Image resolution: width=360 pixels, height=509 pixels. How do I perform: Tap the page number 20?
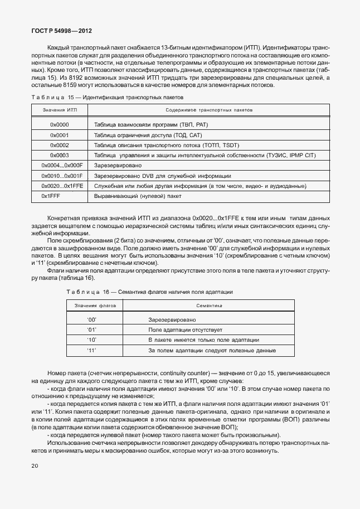[35, 466]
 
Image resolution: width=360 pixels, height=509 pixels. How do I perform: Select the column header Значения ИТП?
[59, 110]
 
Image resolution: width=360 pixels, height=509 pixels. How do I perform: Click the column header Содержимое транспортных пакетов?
[209, 110]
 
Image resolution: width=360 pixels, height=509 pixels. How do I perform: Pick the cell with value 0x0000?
[59, 125]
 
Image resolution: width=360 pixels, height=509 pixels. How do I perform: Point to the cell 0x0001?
[59, 135]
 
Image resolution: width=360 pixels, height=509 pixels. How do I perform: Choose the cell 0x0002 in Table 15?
[59, 145]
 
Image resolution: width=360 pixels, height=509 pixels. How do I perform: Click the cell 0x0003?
[59, 155]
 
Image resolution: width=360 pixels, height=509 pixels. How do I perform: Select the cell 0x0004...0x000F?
[62, 166]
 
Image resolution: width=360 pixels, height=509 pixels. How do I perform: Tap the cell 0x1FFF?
[51, 196]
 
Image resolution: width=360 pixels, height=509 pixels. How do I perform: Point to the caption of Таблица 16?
[149, 292]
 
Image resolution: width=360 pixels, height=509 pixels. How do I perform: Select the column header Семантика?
[209, 306]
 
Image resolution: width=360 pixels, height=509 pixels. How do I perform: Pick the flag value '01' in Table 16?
[92, 330]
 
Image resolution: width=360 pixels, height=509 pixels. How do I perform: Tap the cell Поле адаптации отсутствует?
[177, 330]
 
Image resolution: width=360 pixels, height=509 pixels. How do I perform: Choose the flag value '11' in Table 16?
[92, 350]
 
